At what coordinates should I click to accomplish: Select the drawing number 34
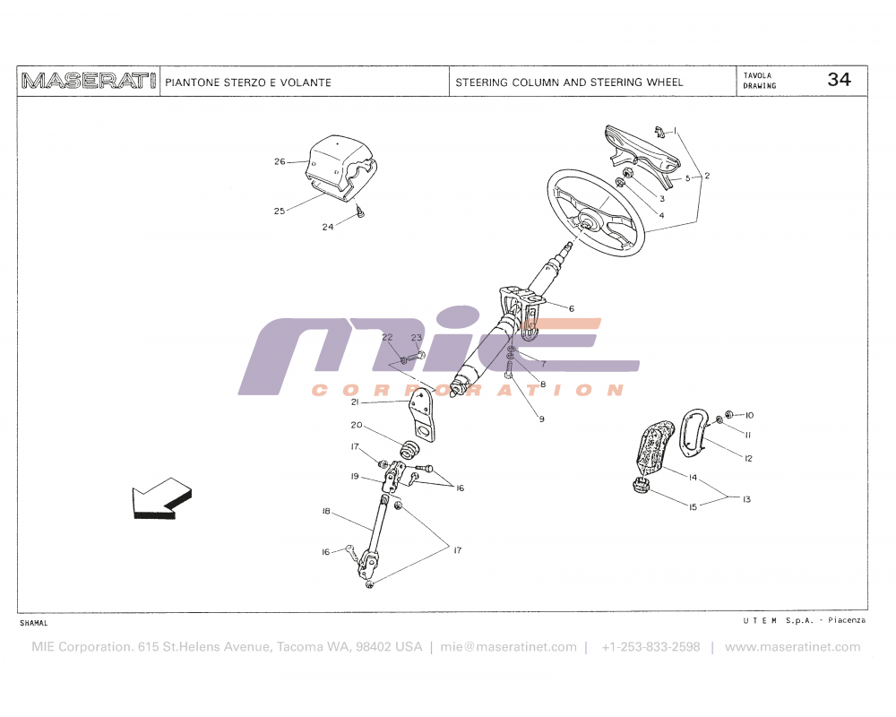point(839,80)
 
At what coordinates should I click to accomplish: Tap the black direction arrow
point(161,498)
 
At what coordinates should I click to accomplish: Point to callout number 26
point(280,162)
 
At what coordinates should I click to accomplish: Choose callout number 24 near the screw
point(328,227)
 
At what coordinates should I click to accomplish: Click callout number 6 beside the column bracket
point(572,308)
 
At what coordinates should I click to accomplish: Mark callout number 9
point(541,419)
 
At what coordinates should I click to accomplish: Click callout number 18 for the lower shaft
point(327,511)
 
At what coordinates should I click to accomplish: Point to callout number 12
point(748,458)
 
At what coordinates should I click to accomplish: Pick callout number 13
point(746,498)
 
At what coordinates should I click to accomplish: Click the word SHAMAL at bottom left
point(33,622)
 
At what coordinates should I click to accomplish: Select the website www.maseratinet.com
point(792,647)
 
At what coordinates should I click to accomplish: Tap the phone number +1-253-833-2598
point(650,647)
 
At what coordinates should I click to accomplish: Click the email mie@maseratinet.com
point(509,647)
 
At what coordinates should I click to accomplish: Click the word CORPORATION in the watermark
point(467,390)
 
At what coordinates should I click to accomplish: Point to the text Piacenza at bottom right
point(847,620)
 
